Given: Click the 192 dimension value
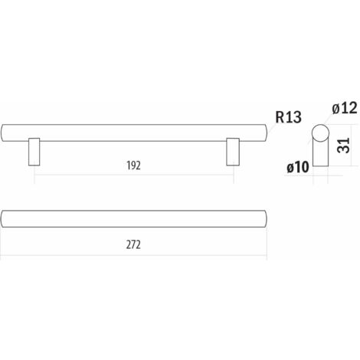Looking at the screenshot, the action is tap(133, 165).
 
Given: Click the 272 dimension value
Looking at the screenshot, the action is tap(133, 245).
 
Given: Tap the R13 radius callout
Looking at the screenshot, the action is tap(288, 117).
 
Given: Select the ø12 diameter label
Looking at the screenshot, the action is tap(345, 108).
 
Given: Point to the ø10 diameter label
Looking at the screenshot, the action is tap(298, 168).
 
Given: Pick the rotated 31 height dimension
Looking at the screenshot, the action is tap(343, 146).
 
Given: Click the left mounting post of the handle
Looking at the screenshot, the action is tap(34, 152).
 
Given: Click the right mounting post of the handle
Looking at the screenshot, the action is tap(233, 152).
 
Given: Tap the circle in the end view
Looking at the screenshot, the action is tap(320, 133).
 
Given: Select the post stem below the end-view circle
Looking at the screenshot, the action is tap(320, 154).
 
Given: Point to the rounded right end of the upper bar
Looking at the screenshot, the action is tap(267, 133).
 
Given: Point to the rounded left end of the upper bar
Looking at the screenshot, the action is tap(2, 133).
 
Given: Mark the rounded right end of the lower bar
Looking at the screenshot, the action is tap(267, 219).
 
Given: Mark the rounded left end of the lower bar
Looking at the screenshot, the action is tap(2, 219).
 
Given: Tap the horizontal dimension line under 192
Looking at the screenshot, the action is tap(134, 175).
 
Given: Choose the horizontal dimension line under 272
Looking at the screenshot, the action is tap(133, 255).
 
